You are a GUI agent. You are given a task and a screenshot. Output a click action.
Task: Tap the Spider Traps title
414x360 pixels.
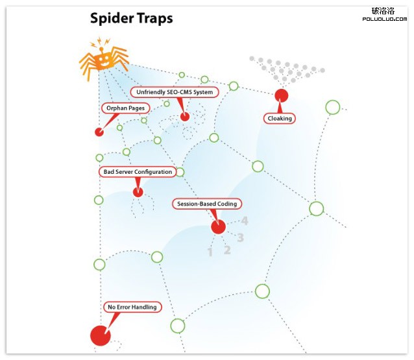tap(131, 18)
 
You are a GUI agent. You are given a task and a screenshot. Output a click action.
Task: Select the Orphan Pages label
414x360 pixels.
tap(125, 108)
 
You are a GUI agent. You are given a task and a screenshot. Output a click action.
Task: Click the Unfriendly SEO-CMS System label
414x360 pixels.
tap(175, 92)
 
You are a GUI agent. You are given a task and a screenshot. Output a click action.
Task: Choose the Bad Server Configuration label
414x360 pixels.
tap(138, 172)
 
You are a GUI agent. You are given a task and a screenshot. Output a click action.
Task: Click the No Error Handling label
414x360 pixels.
tap(132, 307)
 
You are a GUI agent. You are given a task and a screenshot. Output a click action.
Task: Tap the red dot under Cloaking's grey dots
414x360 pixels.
tap(281, 96)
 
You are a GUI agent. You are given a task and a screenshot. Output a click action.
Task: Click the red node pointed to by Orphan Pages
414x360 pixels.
tap(99, 132)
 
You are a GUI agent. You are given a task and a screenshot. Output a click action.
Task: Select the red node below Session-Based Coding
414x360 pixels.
tap(218, 226)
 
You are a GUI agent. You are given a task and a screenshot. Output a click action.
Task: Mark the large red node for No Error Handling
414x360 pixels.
tap(99, 335)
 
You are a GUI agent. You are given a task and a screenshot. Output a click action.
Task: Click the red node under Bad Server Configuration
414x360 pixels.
tap(138, 192)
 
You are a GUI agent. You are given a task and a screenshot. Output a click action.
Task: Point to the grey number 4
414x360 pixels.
tap(245, 221)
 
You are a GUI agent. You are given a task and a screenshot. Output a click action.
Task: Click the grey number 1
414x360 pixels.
tap(210, 252)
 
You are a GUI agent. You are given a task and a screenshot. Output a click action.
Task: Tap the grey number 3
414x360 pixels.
tap(240, 237)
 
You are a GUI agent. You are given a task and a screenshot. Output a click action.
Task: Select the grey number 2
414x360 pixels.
tap(227, 249)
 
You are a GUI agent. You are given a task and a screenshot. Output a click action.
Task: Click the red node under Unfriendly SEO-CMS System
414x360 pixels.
tap(185, 117)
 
